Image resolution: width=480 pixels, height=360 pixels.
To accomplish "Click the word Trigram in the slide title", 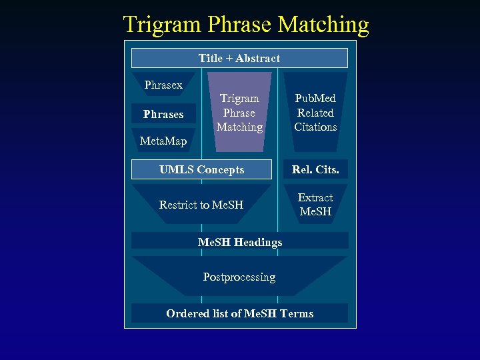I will (x=163, y=25).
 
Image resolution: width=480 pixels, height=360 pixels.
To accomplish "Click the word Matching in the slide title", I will (x=323, y=25).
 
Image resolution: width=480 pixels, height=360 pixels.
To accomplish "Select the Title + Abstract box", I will (x=239, y=58).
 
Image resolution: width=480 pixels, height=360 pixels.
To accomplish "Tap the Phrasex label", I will (x=163, y=85).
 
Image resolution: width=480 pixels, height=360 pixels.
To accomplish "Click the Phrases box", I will (x=163, y=114).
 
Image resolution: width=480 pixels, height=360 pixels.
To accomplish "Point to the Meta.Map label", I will (x=163, y=141).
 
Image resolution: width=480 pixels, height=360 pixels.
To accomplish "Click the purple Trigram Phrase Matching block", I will (x=239, y=112).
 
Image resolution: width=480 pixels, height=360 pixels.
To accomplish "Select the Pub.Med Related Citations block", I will (x=315, y=112).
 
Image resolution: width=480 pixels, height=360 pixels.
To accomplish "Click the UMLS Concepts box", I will (x=202, y=169).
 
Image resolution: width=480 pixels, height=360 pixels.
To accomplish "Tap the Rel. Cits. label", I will (x=315, y=169).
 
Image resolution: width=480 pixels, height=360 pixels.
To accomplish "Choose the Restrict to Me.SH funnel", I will (x=201, y=205).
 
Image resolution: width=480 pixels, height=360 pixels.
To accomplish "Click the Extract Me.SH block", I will (x=315, y=204).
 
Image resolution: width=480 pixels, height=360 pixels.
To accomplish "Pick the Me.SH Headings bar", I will (x=239, y=241).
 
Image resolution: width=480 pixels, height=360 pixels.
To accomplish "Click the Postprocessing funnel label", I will (x=239, y=276).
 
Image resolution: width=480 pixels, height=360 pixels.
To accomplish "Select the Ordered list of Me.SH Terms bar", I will (x=239, y=313).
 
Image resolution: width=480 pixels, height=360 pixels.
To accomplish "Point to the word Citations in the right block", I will (x=315, y=127).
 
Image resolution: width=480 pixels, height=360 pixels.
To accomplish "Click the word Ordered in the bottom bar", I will (x=186, y=313).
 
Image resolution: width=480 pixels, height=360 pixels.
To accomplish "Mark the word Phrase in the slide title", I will (x=239, y=25).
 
